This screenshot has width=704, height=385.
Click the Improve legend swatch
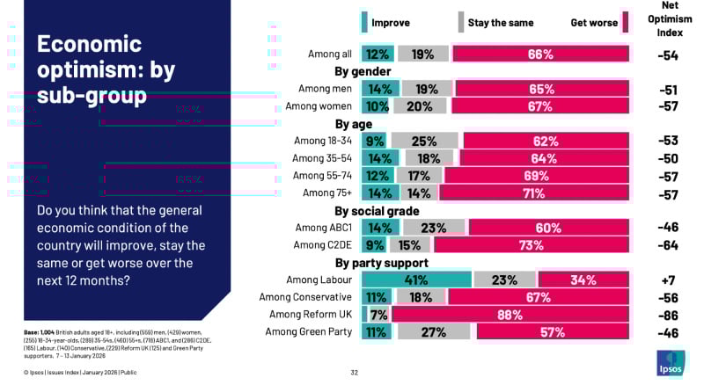click(x=364, y=22)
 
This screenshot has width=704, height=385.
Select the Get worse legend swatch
click(x=626, y=22)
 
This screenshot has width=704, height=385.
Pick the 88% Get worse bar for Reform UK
click(x=510, y=314)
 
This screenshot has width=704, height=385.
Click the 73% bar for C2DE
click(x=532, y=244)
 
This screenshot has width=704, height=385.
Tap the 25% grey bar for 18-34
click(x=425, y=141)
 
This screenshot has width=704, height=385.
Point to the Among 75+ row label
click(x=328, y=192)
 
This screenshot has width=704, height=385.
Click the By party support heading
click(x=381, y=262)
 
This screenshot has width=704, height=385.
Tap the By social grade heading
click(x=377, y=210)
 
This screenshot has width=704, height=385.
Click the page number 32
click(x=355, y=372)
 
